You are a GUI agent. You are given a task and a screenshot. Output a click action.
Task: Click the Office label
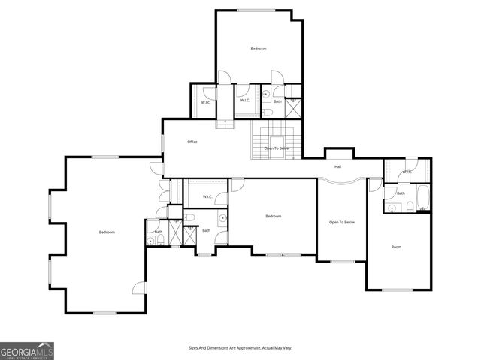(192, 142)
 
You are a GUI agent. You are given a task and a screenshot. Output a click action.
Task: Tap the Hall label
(338, 166)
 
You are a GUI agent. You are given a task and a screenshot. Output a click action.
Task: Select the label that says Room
(396, 247)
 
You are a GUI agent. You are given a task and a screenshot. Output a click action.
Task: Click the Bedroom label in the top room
(259, 49)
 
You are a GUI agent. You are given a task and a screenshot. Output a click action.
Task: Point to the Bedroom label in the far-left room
(107, 232)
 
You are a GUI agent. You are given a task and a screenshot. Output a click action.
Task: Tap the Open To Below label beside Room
(342, 223)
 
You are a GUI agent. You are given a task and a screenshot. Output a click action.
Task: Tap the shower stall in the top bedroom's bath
(294, 106)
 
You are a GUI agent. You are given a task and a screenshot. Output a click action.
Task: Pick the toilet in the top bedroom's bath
(268, 112)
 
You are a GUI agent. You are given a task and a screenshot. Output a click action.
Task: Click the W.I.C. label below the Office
(207, 197)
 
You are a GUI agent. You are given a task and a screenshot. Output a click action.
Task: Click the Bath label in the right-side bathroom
(401, 193)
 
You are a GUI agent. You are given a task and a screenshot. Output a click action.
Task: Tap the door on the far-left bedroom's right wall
(139, 287)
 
